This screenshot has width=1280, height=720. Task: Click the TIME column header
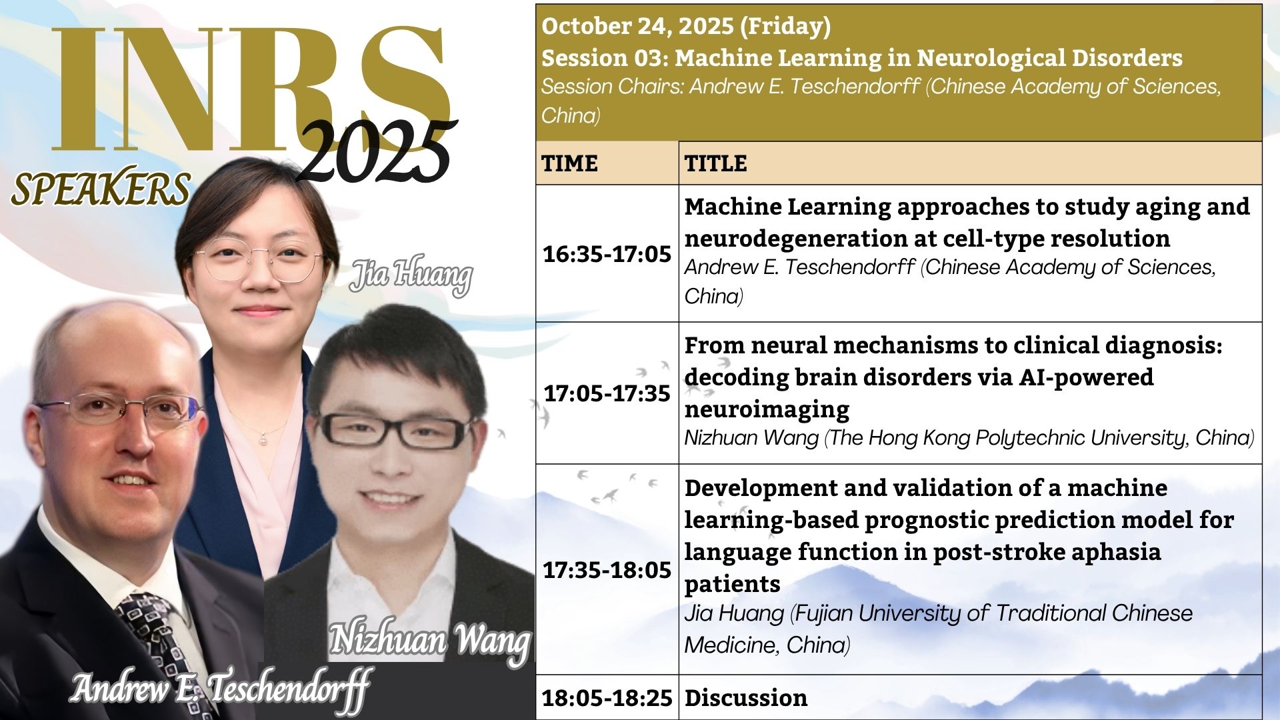(569, 163)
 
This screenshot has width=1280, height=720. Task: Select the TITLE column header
(715, 163)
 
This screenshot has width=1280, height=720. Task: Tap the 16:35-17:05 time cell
(607, 254)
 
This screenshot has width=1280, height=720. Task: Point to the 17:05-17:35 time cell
(607, 393)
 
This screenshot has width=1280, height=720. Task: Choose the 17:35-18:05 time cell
(607, 570)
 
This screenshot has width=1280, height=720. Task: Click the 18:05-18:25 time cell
(607, 698)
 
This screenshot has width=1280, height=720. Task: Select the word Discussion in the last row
(746, 698)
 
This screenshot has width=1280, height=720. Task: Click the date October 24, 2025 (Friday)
(686, 27)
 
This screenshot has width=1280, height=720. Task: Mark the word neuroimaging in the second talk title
(767, 409)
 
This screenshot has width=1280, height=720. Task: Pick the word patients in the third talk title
(732, 585)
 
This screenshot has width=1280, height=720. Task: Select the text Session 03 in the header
(603, 59)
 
